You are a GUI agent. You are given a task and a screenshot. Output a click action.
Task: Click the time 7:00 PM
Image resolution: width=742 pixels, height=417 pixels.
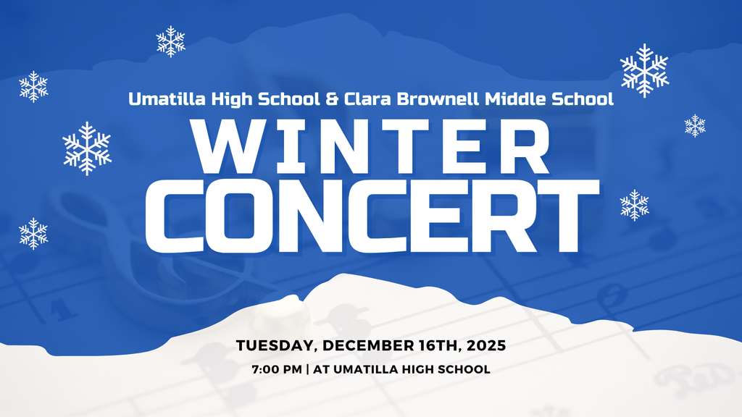(277, 369)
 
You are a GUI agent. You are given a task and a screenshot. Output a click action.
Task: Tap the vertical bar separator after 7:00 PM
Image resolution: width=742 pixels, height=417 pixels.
(308, 369)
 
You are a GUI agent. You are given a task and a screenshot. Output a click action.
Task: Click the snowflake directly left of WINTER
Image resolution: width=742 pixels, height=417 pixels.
(87, 148)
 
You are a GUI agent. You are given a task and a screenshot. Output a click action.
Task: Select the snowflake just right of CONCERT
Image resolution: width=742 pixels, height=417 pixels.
(635, 205)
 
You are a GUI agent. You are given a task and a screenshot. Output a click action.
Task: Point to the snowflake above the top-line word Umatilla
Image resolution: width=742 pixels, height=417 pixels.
(171, 41)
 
